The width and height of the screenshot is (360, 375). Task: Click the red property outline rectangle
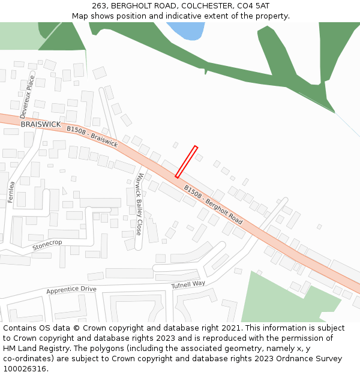point(186,161)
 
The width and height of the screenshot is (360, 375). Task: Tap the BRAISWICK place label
point(41,124)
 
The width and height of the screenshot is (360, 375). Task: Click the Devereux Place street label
point(28,95)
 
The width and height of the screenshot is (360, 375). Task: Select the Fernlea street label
point(11,192)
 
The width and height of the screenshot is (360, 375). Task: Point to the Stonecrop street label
point(47,245)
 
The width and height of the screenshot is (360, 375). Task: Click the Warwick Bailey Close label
point(138,204)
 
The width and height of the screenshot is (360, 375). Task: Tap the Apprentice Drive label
point(71,290)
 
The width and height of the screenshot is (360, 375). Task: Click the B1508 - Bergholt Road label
point(213,205)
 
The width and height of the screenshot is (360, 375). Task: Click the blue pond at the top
point(187,30)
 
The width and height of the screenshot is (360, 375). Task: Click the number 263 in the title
point(99,5)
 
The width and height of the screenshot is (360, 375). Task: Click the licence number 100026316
point(25,368)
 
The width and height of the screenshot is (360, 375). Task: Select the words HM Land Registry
point(33,348)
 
